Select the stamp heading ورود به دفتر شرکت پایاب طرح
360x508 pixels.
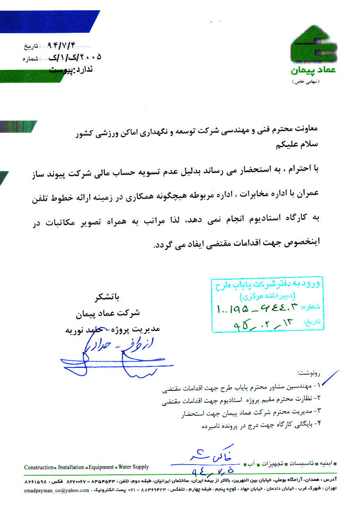269,284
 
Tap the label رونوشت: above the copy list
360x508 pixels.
308,374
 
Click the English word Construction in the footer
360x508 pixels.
39,467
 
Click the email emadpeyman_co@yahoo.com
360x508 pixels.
57,490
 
